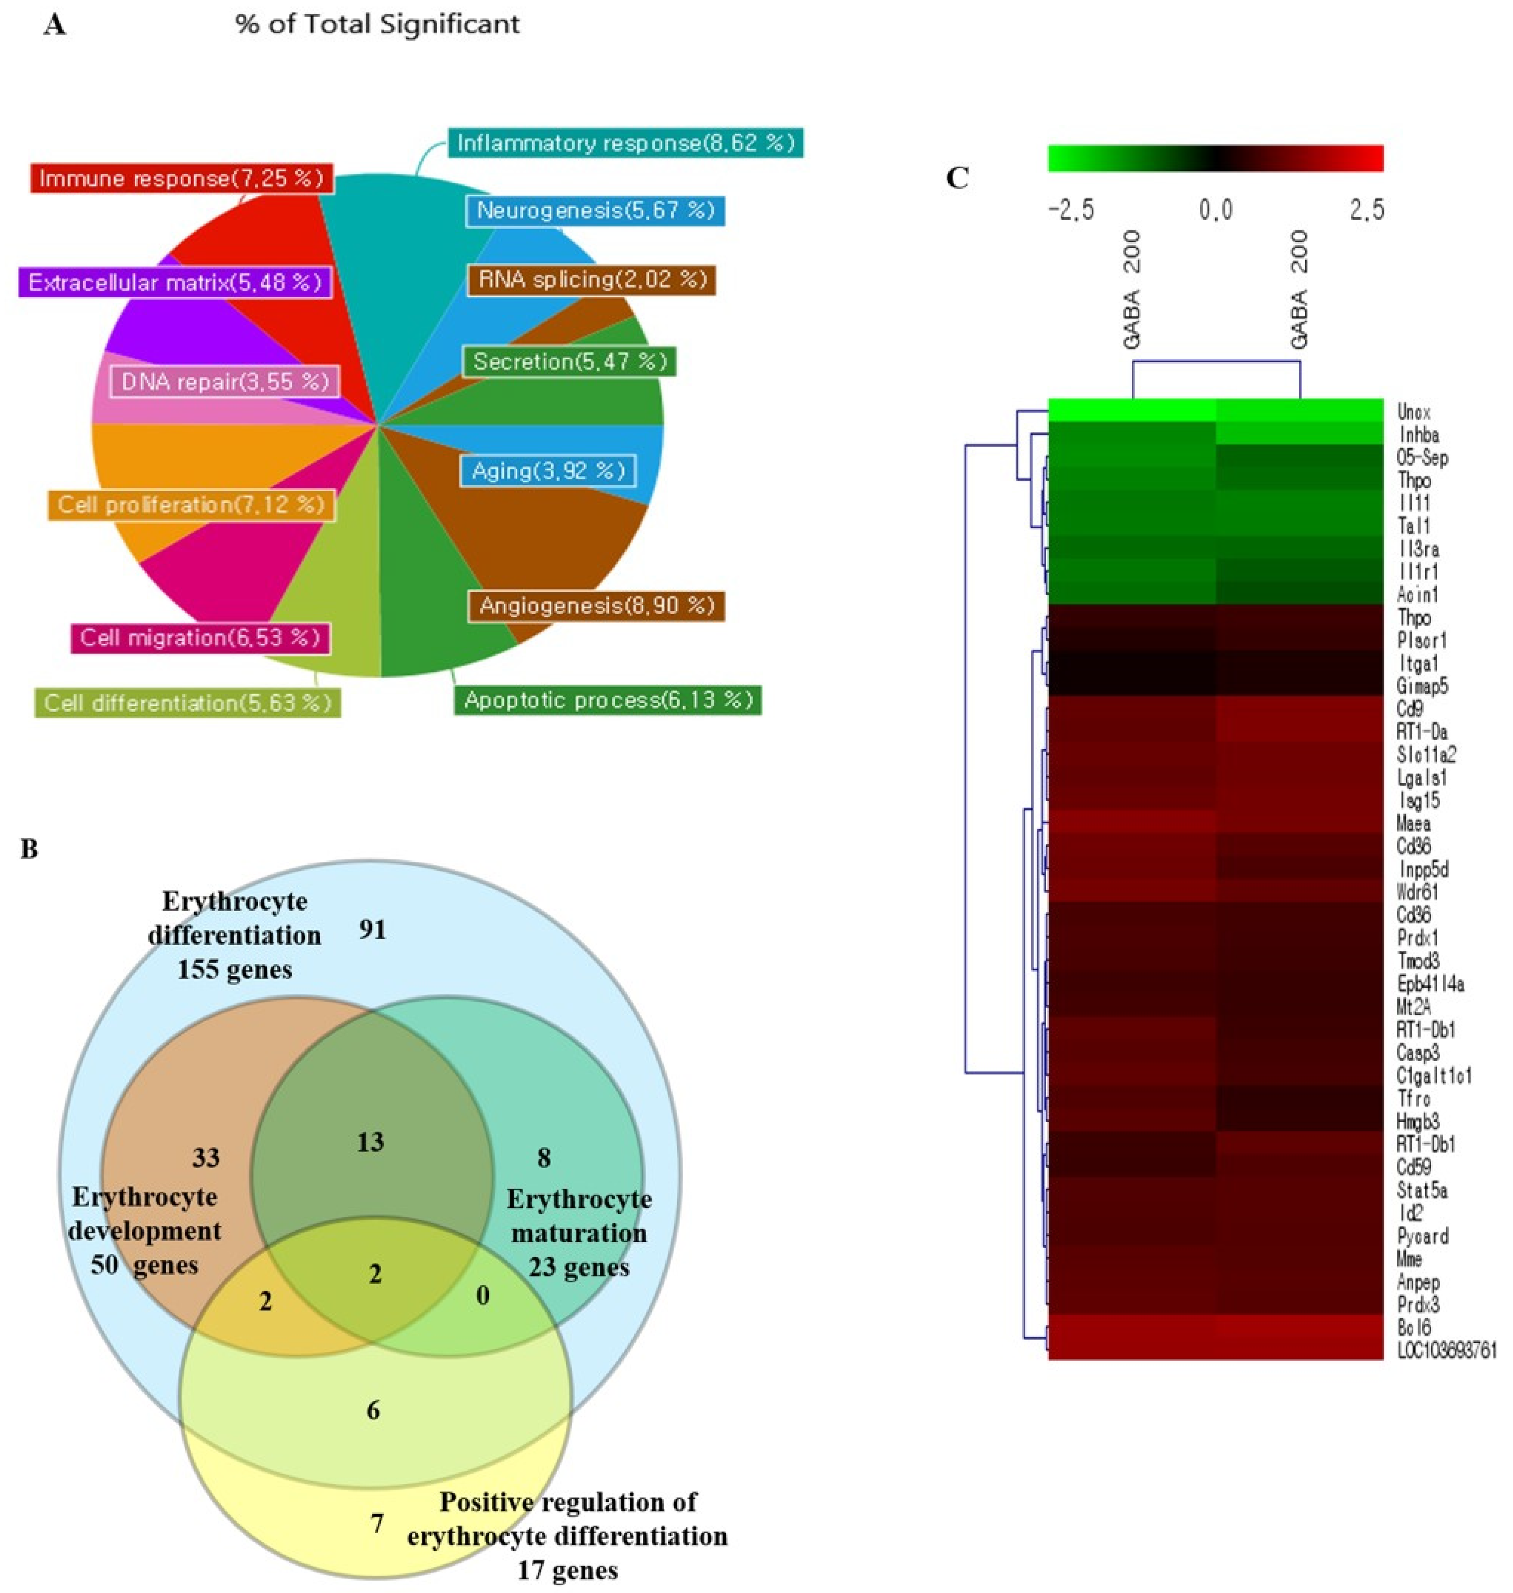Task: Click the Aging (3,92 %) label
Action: [547, 471]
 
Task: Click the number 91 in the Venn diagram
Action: [372, 930]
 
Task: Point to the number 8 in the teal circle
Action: [544, 1158]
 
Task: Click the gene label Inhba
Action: [1418, 435]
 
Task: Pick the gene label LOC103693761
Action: [1446, 1350]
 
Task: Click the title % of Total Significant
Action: [377, 24]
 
